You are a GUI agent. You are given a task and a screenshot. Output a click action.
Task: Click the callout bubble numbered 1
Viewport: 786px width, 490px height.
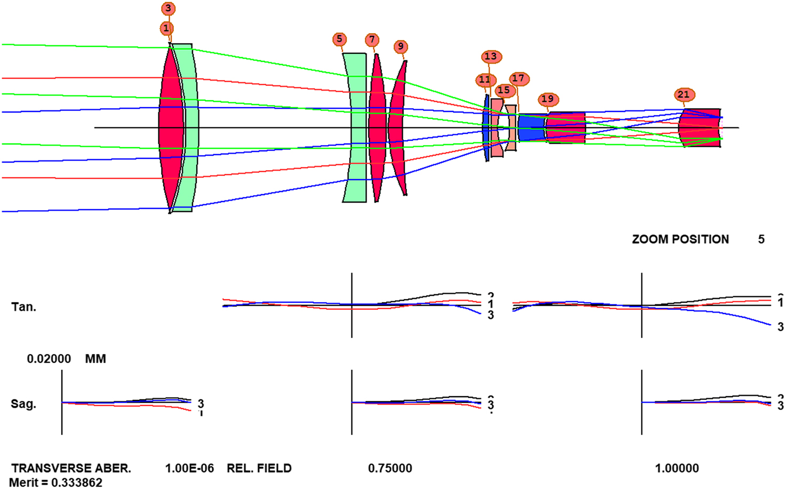click(x=166, y=28)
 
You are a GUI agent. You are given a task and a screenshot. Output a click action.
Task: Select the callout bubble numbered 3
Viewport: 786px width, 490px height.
click(x=168, y=9)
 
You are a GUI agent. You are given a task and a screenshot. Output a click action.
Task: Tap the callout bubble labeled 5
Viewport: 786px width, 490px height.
click(x=339, y=39)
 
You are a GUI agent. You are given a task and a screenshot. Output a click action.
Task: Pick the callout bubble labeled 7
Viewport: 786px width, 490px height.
click(x=372, y=40)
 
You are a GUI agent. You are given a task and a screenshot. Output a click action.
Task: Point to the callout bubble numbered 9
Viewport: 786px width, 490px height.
click(x=401, y=47)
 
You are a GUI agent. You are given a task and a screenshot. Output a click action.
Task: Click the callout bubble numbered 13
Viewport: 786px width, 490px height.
click(x=491, y=57)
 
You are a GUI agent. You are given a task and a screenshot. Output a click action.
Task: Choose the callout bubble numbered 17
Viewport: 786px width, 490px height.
click(x=518, y=79)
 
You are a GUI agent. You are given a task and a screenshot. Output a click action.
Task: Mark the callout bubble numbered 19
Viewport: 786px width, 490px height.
click(x=548, y=99)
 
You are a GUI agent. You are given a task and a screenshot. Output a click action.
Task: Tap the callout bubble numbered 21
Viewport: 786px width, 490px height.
click(x=683, y=95)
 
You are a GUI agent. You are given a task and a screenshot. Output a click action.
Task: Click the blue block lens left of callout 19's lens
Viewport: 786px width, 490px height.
click(x=531, y=128)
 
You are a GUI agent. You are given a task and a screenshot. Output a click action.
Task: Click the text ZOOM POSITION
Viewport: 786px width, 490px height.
click(x=680, y=239)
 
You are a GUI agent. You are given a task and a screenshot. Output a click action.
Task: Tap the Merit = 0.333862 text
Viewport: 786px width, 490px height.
click(x=55, y=483)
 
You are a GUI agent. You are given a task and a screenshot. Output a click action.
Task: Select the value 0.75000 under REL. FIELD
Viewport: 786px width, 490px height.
click(x=390, y=469)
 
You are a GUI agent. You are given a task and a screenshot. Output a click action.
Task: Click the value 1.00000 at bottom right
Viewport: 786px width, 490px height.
click(x=677, y=469)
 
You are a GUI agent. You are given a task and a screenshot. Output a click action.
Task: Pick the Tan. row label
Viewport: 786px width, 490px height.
click(x=23, y=307)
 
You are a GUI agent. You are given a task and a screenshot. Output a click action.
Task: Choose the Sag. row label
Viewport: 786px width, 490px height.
click(x=23, y=404)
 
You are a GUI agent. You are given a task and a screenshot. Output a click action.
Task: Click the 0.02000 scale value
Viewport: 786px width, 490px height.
click(x=49, y=359)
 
